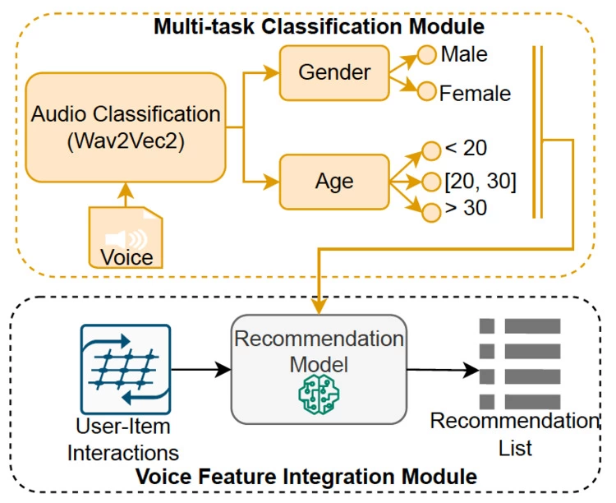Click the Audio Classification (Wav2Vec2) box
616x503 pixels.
tap(125, 127)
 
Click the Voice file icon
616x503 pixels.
tap(126, 238)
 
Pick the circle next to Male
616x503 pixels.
tap(426, 56)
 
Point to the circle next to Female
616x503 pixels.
tap(426, 91)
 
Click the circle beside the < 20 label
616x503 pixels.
tap(431, 150)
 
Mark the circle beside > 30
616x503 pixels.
tap(431, 210)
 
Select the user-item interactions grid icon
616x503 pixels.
tap(125, 369)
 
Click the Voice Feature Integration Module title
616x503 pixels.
tap(318, 476)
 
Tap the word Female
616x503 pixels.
tap(475, 93)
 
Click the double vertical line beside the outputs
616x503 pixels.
tap(537, 132)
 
